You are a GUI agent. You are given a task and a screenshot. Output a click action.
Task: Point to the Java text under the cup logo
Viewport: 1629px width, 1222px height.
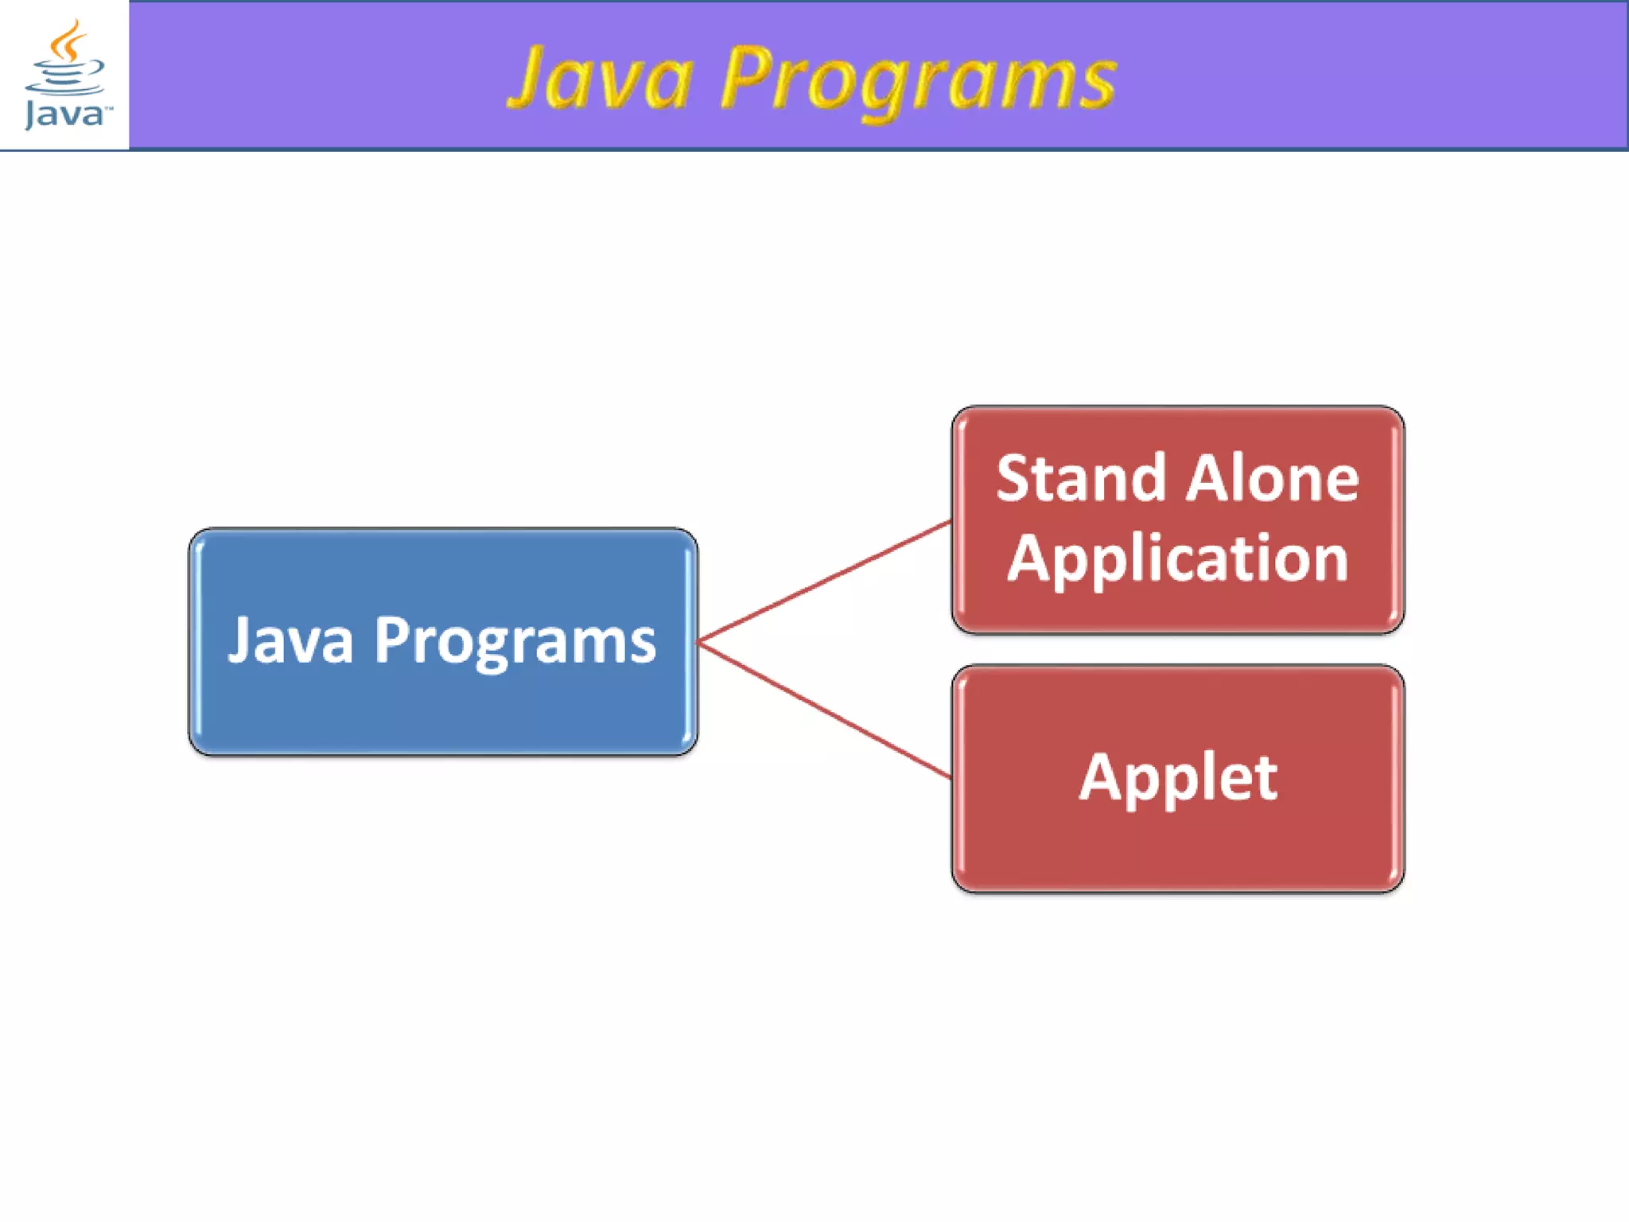point(64,114)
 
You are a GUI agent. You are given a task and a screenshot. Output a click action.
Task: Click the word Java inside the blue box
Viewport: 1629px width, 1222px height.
point(290,640)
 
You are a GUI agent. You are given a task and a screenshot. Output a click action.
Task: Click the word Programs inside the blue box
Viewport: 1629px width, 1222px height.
point(515,641)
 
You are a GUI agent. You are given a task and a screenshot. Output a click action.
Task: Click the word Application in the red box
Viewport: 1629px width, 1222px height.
point(1177,559)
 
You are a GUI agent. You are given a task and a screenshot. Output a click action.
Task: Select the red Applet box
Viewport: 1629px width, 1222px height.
point(1177,843)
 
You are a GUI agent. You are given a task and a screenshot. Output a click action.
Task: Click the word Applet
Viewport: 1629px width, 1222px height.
point(1178,777)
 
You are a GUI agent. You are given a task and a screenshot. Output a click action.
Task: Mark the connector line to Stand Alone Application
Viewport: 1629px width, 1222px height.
point(823,582)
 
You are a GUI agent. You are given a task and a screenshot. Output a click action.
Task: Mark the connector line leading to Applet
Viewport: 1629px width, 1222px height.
point(823,709)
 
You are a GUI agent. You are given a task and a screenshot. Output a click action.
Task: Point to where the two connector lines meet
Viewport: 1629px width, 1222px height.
point(699,641)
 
